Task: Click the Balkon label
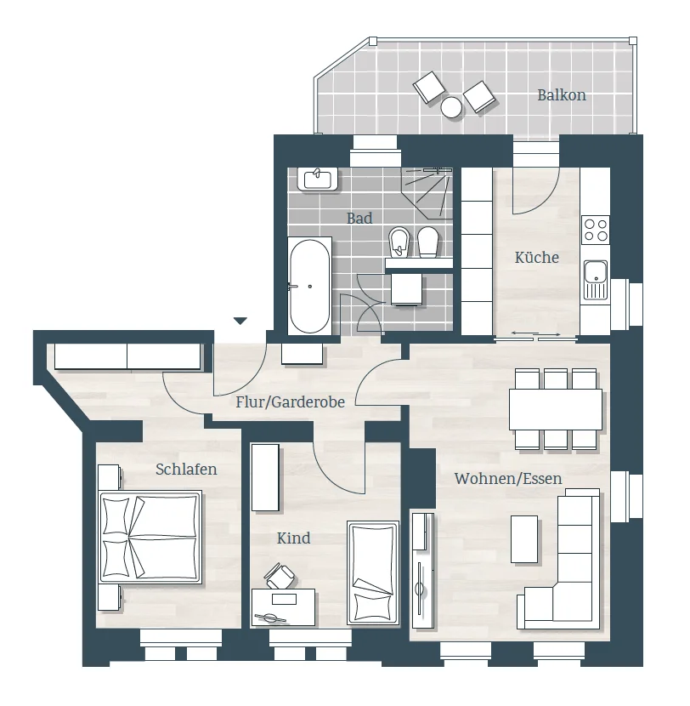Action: click(562, 95)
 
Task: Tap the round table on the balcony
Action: click(451, 107)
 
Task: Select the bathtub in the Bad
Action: click(309, 286)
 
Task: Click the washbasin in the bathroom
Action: click(318, 179)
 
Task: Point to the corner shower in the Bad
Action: click(427, 192)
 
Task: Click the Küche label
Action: click(536, 258)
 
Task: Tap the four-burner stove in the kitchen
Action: click(596, 230)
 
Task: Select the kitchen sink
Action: click(596, 280)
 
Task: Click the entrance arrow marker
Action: click(240, 321)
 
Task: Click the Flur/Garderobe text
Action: click(291, 401)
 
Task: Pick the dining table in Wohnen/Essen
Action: click(556, 409)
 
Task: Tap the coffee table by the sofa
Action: click(524, 539)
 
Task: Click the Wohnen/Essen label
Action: click(508, 478)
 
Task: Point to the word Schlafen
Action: click(186, 470)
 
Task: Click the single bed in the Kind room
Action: click(373, 572)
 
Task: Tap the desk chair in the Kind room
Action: click(280, 576)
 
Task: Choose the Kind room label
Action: click(294, 538)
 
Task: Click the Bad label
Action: click(359, 219)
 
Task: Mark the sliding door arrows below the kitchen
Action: click(535, 334)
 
